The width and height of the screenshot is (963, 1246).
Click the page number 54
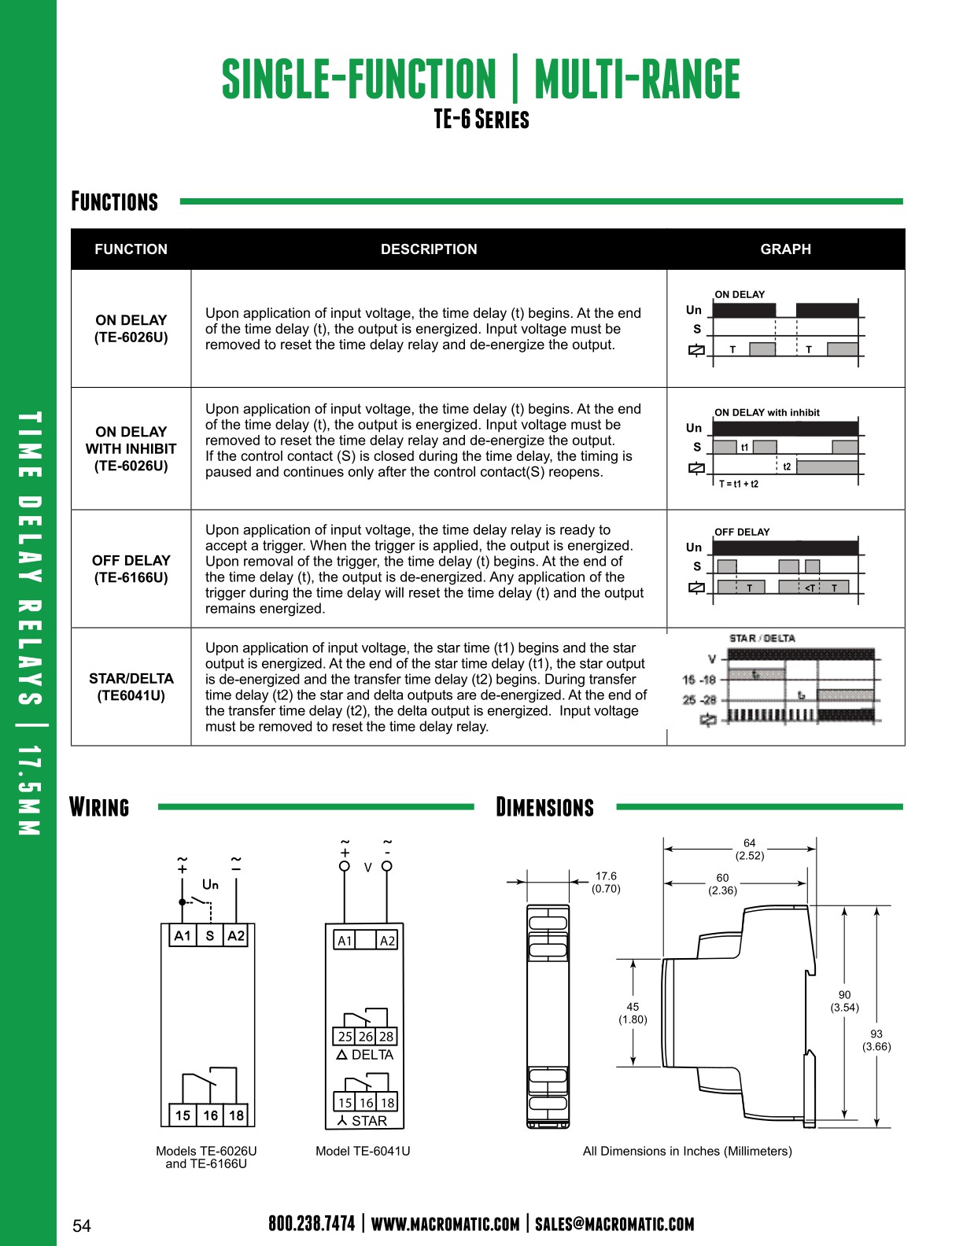tap(82, 1226)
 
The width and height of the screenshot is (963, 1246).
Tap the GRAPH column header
tap(785, 249)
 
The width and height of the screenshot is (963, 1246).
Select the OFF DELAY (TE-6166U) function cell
tap(131, 569)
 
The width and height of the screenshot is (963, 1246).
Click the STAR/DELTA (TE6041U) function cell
tap(131, 687)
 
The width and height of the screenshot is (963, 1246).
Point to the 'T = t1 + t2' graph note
tap(739, 485)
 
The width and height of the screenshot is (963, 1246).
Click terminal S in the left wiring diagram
tap(210, 936)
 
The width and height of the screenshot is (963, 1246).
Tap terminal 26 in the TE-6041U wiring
tap(366, 1037)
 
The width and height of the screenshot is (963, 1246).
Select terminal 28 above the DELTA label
tap(386, 1037)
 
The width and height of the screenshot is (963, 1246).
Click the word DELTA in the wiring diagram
tap(372, 1055)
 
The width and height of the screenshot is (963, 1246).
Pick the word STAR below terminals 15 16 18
tap(369, 1121)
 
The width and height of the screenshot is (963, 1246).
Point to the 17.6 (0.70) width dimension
tap(606, 883)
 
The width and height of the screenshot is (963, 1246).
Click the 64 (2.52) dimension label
tap(750, 850)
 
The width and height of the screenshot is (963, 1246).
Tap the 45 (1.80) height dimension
tap(633, 1013)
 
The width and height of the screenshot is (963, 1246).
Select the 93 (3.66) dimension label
tap(876, 1040)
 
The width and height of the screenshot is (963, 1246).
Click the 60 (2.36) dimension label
tap(722, 884)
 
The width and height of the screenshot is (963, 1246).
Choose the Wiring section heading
tap(99, 808)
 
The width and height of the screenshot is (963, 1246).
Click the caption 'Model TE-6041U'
tap(363, 1152)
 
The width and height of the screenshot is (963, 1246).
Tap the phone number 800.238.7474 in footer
tap(312, 1224)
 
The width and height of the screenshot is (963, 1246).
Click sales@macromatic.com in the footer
tap(614, 1224)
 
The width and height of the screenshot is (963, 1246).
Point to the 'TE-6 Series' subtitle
tap(481, 120)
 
